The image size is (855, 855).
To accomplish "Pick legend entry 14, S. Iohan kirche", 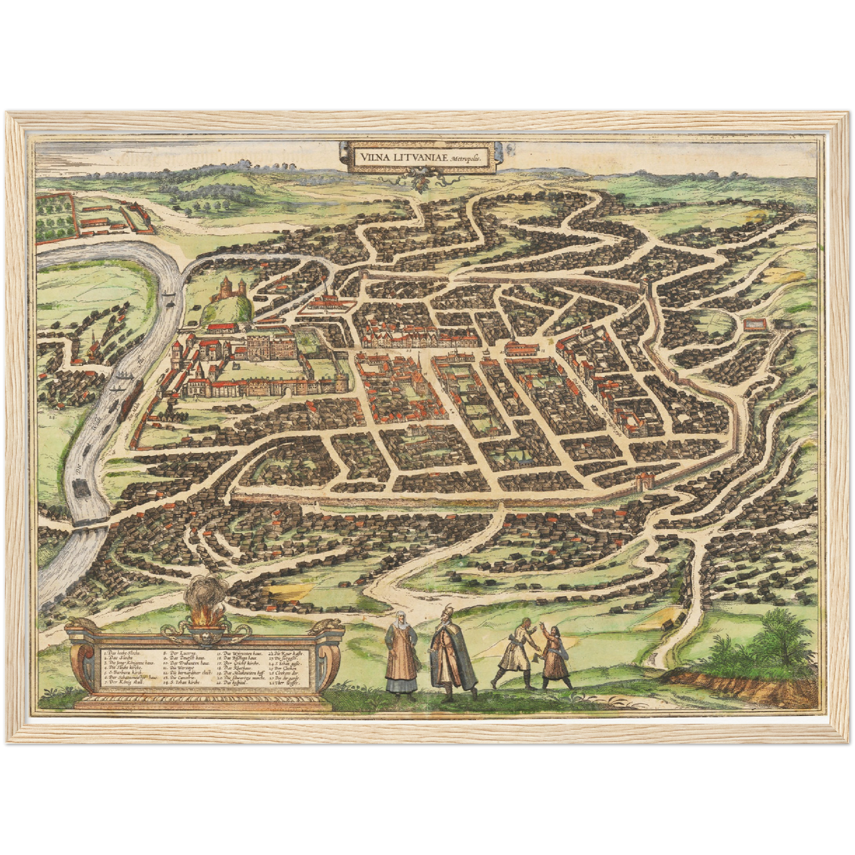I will [182, 682].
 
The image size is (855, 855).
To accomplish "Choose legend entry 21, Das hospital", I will [233, 682].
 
